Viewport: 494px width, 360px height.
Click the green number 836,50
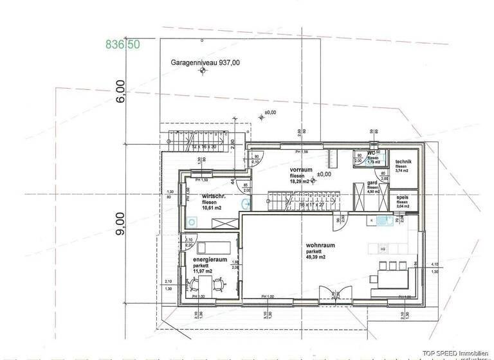point(122,44)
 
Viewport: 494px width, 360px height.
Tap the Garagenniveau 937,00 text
point(205,63)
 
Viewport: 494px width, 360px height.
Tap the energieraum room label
point(210,259)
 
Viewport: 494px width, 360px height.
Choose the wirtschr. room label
point(213,195)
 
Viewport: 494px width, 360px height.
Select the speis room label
point(403,197)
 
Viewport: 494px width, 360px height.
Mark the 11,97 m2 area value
point(204,271)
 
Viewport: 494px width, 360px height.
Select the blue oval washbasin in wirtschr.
point(245,203)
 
